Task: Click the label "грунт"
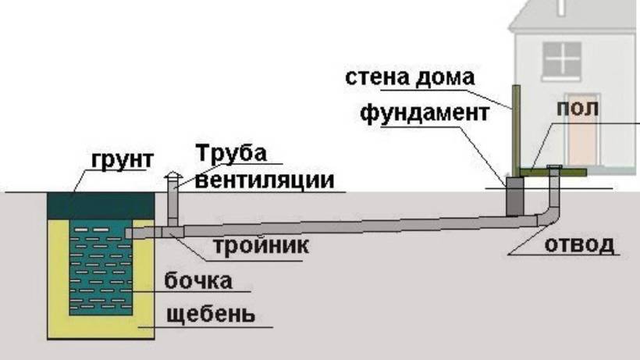click(123, 160)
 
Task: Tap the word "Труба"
click(232, 153)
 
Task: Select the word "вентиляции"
click(265, 180)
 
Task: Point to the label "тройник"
click(261, 246)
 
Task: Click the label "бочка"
click(198, 281)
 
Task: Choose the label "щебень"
click(211, 314)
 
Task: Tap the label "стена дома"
click(410, 77)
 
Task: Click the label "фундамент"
click(425, 113)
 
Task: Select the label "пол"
click(578, 109)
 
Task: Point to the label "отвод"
click(579, 245)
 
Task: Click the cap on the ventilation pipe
click(173, 176)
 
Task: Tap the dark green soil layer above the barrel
click(101, 206)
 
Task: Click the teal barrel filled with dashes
click(101, 267)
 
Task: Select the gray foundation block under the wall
click(514, 196)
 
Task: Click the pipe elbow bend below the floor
click(548, 217)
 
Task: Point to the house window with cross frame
click(562, 59)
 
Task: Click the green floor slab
click(553, 173)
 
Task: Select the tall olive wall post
click(517, 131)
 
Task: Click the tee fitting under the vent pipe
click(172, 231)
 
